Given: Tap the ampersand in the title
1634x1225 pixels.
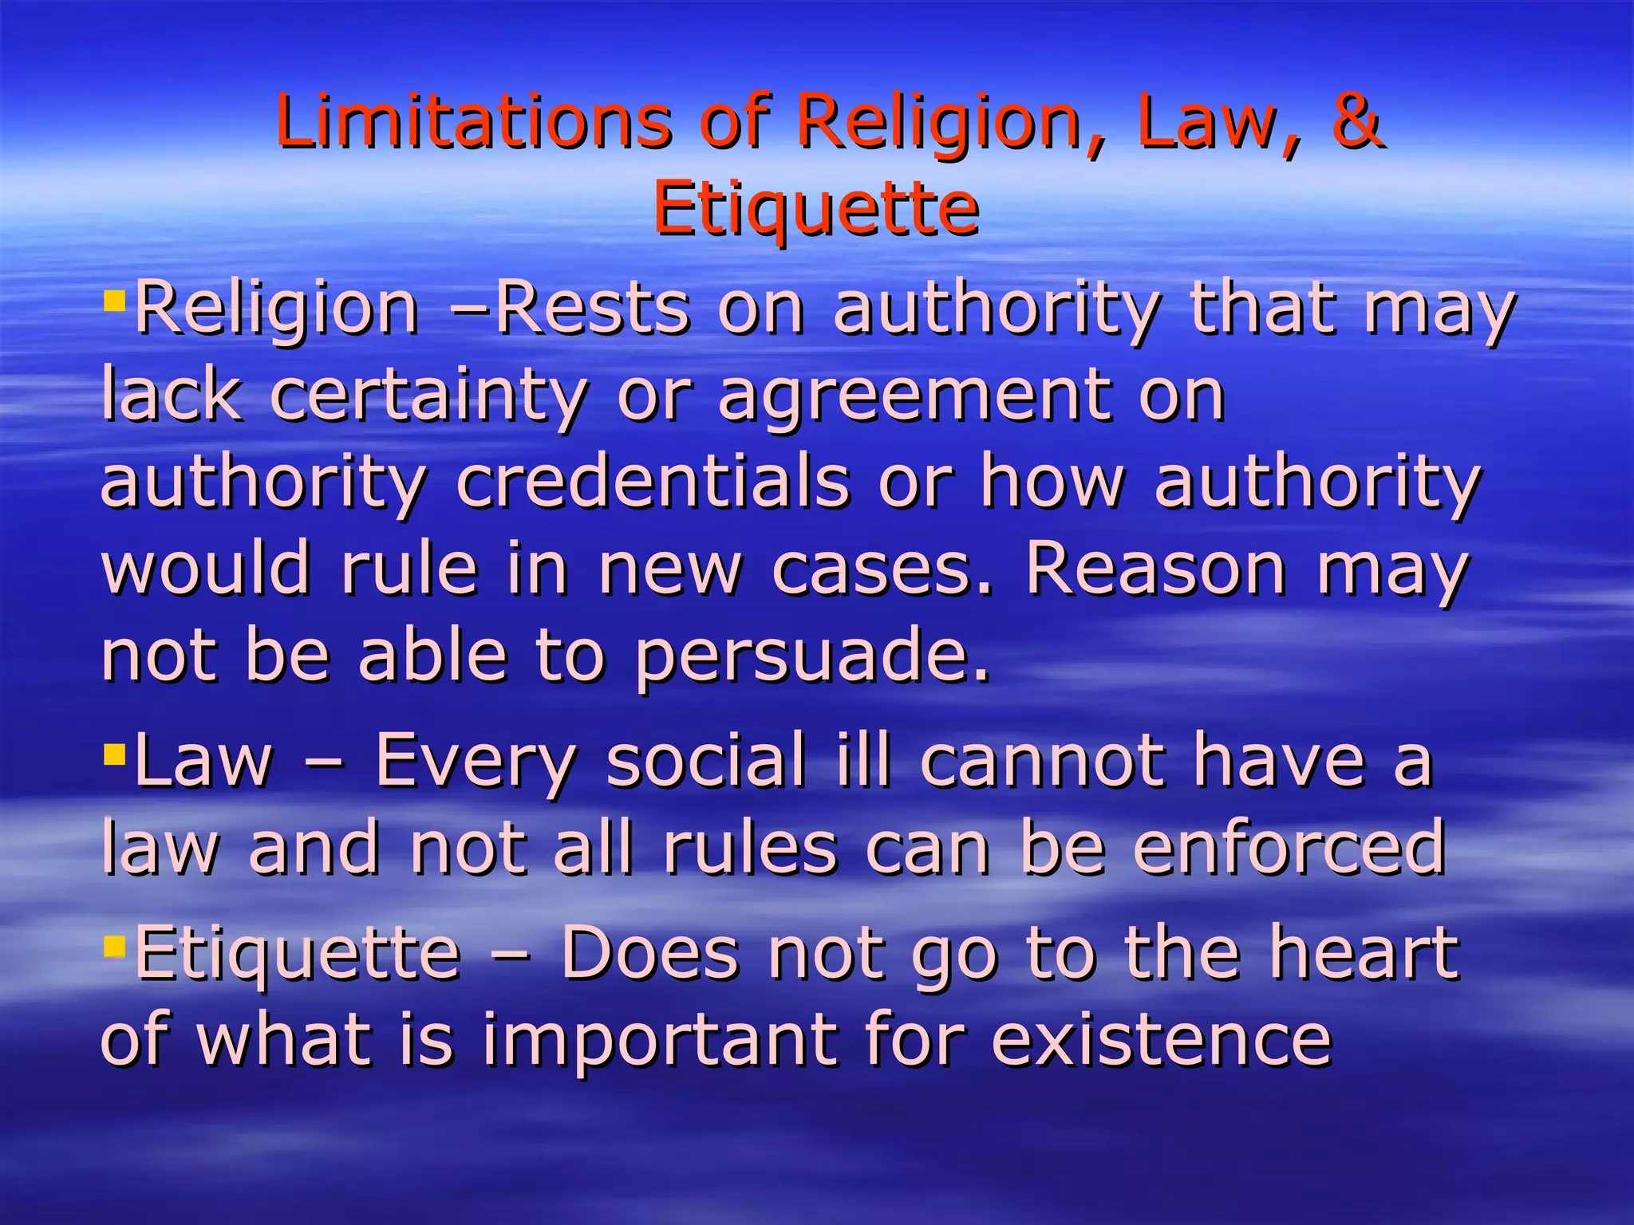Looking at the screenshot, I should (1356, 121).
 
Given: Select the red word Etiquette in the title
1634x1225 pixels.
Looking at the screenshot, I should (815, 208).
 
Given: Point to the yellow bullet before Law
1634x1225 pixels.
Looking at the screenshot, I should (115, 752).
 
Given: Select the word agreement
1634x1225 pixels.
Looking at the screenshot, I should (914, 396).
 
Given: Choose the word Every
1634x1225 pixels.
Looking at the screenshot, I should (476, 762).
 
